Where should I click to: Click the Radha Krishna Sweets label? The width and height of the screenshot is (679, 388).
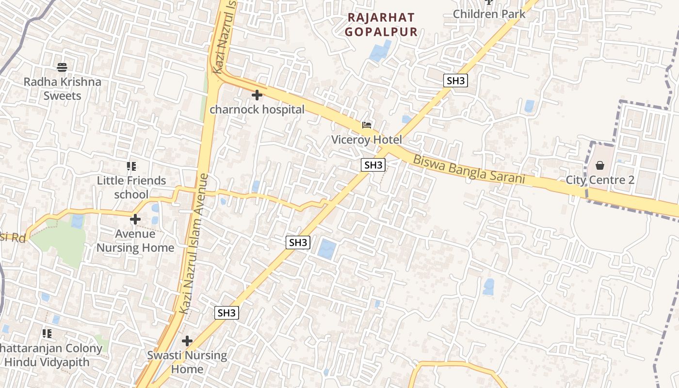click(x=63, y=88)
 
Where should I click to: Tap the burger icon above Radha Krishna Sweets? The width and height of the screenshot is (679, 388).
click(x=62, y=67)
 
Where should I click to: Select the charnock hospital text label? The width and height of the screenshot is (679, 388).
click(x=257, y=110)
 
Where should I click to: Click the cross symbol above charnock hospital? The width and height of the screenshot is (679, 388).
click(x=257, y=95)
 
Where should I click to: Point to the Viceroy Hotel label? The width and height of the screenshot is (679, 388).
click(x=367, y=140)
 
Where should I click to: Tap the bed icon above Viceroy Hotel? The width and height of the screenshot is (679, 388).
click(x=367, y=126)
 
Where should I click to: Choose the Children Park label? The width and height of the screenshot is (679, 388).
click(x=489, y=14)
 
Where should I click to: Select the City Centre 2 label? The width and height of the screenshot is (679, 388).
click(x=600, y=180)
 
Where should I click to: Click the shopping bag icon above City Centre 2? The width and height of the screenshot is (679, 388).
click(x=600, y=166)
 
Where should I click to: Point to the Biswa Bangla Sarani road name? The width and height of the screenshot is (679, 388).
click(x=469, y=169)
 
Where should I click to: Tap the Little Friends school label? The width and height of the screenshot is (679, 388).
click(x=131, y=187)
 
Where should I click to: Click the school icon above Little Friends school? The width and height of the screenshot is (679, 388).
click(x=131, y=166)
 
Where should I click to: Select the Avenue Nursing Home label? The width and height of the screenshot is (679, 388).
click(x=135, y=241)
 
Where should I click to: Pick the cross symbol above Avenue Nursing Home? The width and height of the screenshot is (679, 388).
click(x=135, y=220)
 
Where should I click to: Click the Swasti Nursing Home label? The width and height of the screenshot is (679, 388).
click(x=187, y=362)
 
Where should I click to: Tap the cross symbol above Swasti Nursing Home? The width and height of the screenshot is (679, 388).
click(x=187, y=341)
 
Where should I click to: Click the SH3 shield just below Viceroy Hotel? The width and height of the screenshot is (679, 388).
click(x=373, y=165)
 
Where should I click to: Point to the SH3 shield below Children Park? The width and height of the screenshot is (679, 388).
click(x=455, y=81)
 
